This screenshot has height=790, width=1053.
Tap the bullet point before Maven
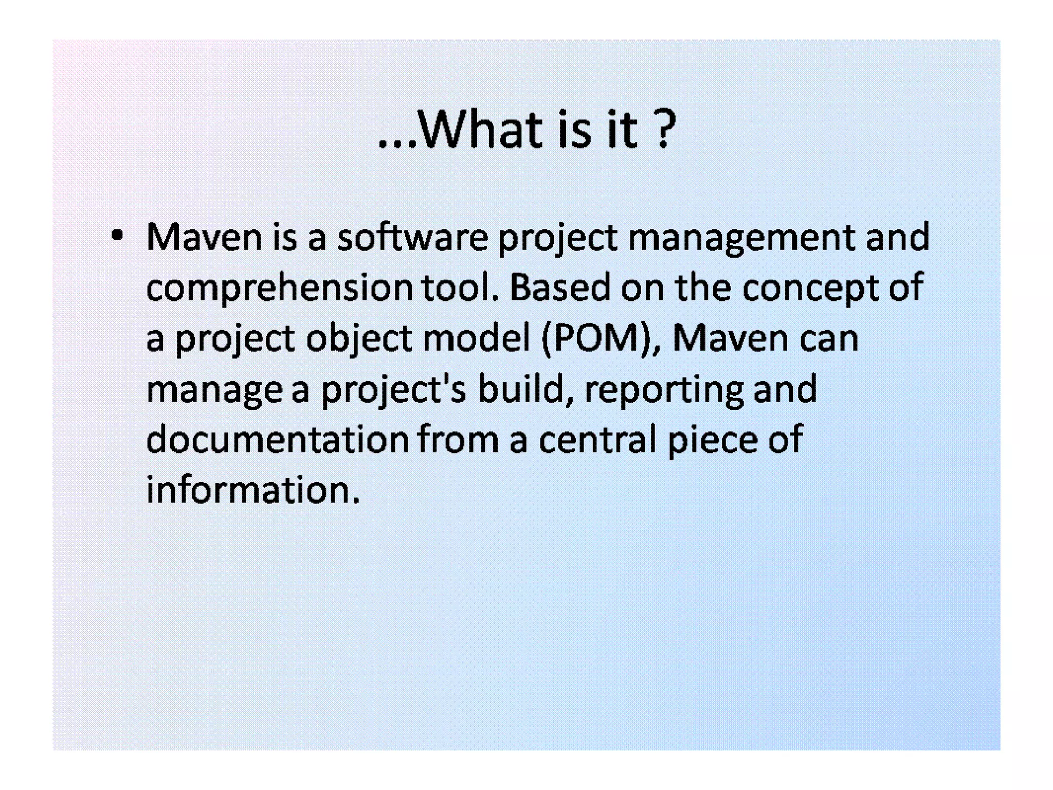pyautogui.click(x=117, y=236)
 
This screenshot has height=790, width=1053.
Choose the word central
pyautogui.click(x=597, y=439)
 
